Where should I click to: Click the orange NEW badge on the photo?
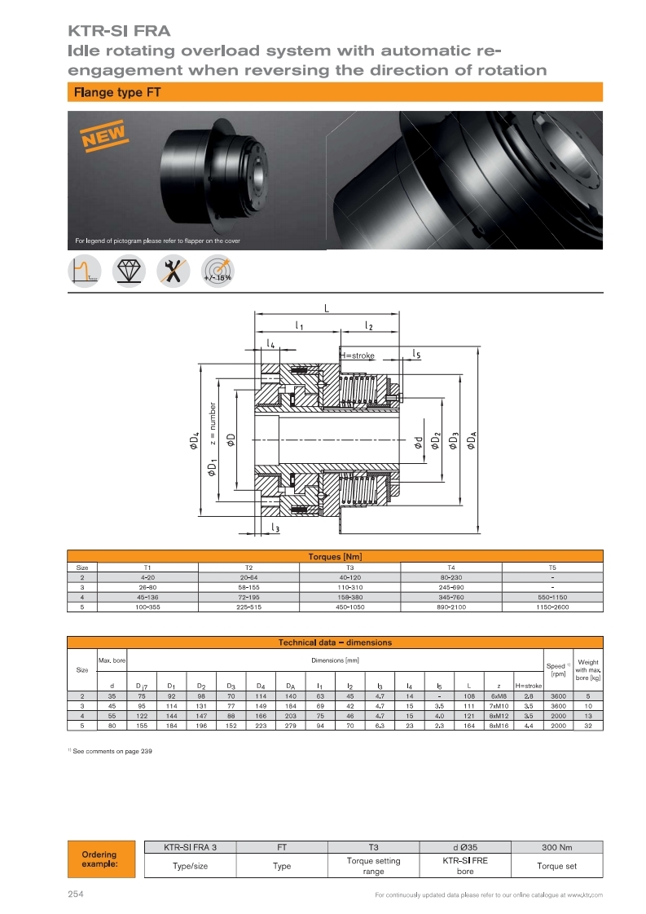tap(103, 136)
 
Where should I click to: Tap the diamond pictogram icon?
tap(129, 271)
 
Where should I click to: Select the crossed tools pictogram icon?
tap(173, 271)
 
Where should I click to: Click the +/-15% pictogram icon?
tap(218, 271)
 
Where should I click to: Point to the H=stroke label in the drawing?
tap(358, 355)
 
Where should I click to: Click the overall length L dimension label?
tap(327, 308)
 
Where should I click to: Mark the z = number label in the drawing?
tap(213, 424)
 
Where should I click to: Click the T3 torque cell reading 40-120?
tap(350, 577)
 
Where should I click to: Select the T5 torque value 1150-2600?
tap(552, 607)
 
